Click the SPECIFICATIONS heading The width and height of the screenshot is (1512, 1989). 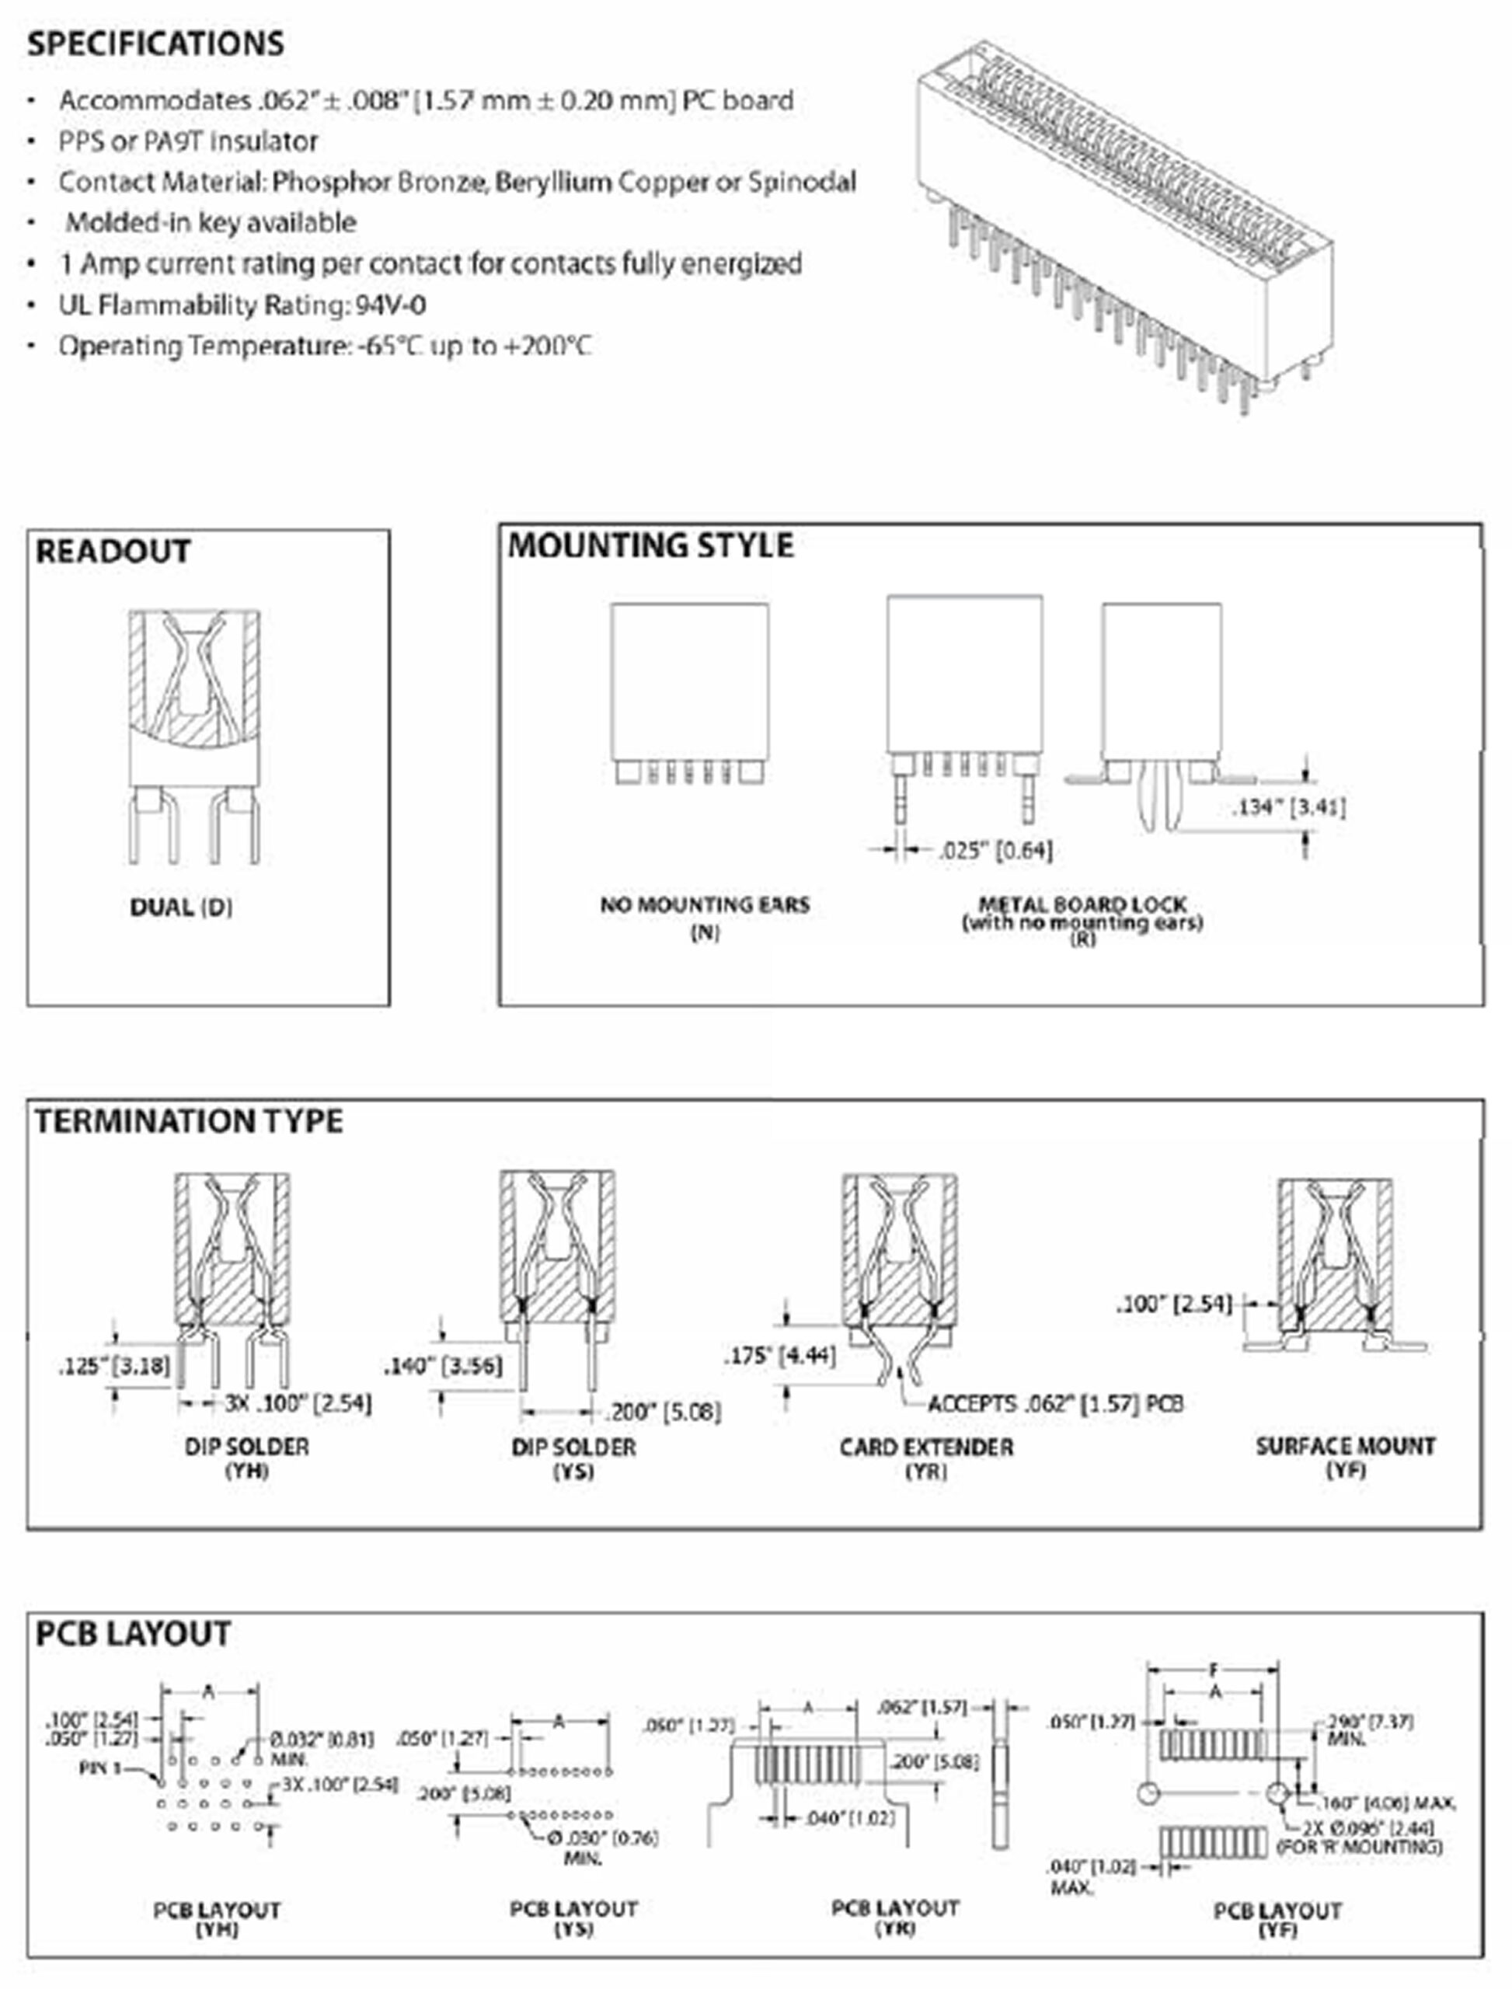[155, 44]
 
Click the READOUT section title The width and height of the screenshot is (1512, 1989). [113, 551]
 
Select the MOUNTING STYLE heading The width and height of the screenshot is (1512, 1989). [650, 545]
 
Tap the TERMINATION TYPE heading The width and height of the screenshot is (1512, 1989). [189, 1121]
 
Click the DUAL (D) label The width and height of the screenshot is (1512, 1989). [181, 907]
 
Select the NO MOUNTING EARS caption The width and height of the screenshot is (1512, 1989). [705, 904]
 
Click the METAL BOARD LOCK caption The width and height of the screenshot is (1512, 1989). [1082, 904]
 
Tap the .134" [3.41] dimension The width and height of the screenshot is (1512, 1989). [1289, 807]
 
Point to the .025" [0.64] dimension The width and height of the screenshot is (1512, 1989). [995, 851]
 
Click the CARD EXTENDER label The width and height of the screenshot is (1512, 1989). [926, 1447]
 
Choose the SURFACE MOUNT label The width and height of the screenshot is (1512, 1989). [1346, 1447]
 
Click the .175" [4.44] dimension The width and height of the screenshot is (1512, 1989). [780, 1356]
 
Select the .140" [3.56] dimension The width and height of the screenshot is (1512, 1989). [443, 1366]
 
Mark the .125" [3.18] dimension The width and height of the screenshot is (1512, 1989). [114, 1366]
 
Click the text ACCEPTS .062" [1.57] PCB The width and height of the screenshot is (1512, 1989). [1055, 1404]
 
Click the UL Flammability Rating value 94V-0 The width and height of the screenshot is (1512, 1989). [391, 306]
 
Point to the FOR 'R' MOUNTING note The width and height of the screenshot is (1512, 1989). [1359, 1847]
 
